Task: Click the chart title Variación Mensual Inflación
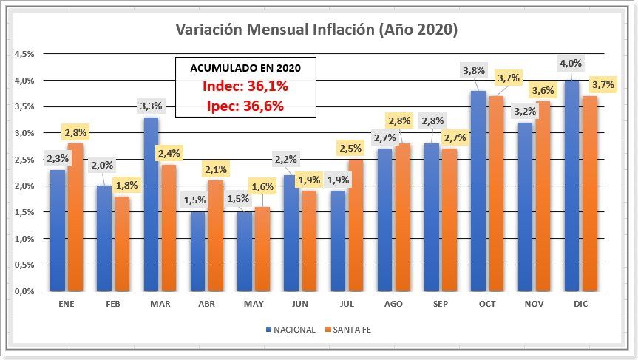pos(316,30)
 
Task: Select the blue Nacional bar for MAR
pos(151,204)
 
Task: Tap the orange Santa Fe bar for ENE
pos(75,217)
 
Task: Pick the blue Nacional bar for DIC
pos(571,186)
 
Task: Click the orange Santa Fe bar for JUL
pos(356,225)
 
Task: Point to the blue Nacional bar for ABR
pos(197,251)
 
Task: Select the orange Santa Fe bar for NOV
pos(543,196)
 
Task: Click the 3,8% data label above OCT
pos(473,71)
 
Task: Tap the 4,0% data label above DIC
pos(570,64)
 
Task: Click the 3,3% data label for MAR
pos(150,106)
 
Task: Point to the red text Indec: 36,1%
pos(245,86)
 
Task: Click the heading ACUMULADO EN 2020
pos(245,67)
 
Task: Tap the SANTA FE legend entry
pos(351,330)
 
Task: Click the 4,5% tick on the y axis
pos(25,54)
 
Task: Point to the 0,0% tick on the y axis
pos(25,291)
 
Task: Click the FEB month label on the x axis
pos(113,305)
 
